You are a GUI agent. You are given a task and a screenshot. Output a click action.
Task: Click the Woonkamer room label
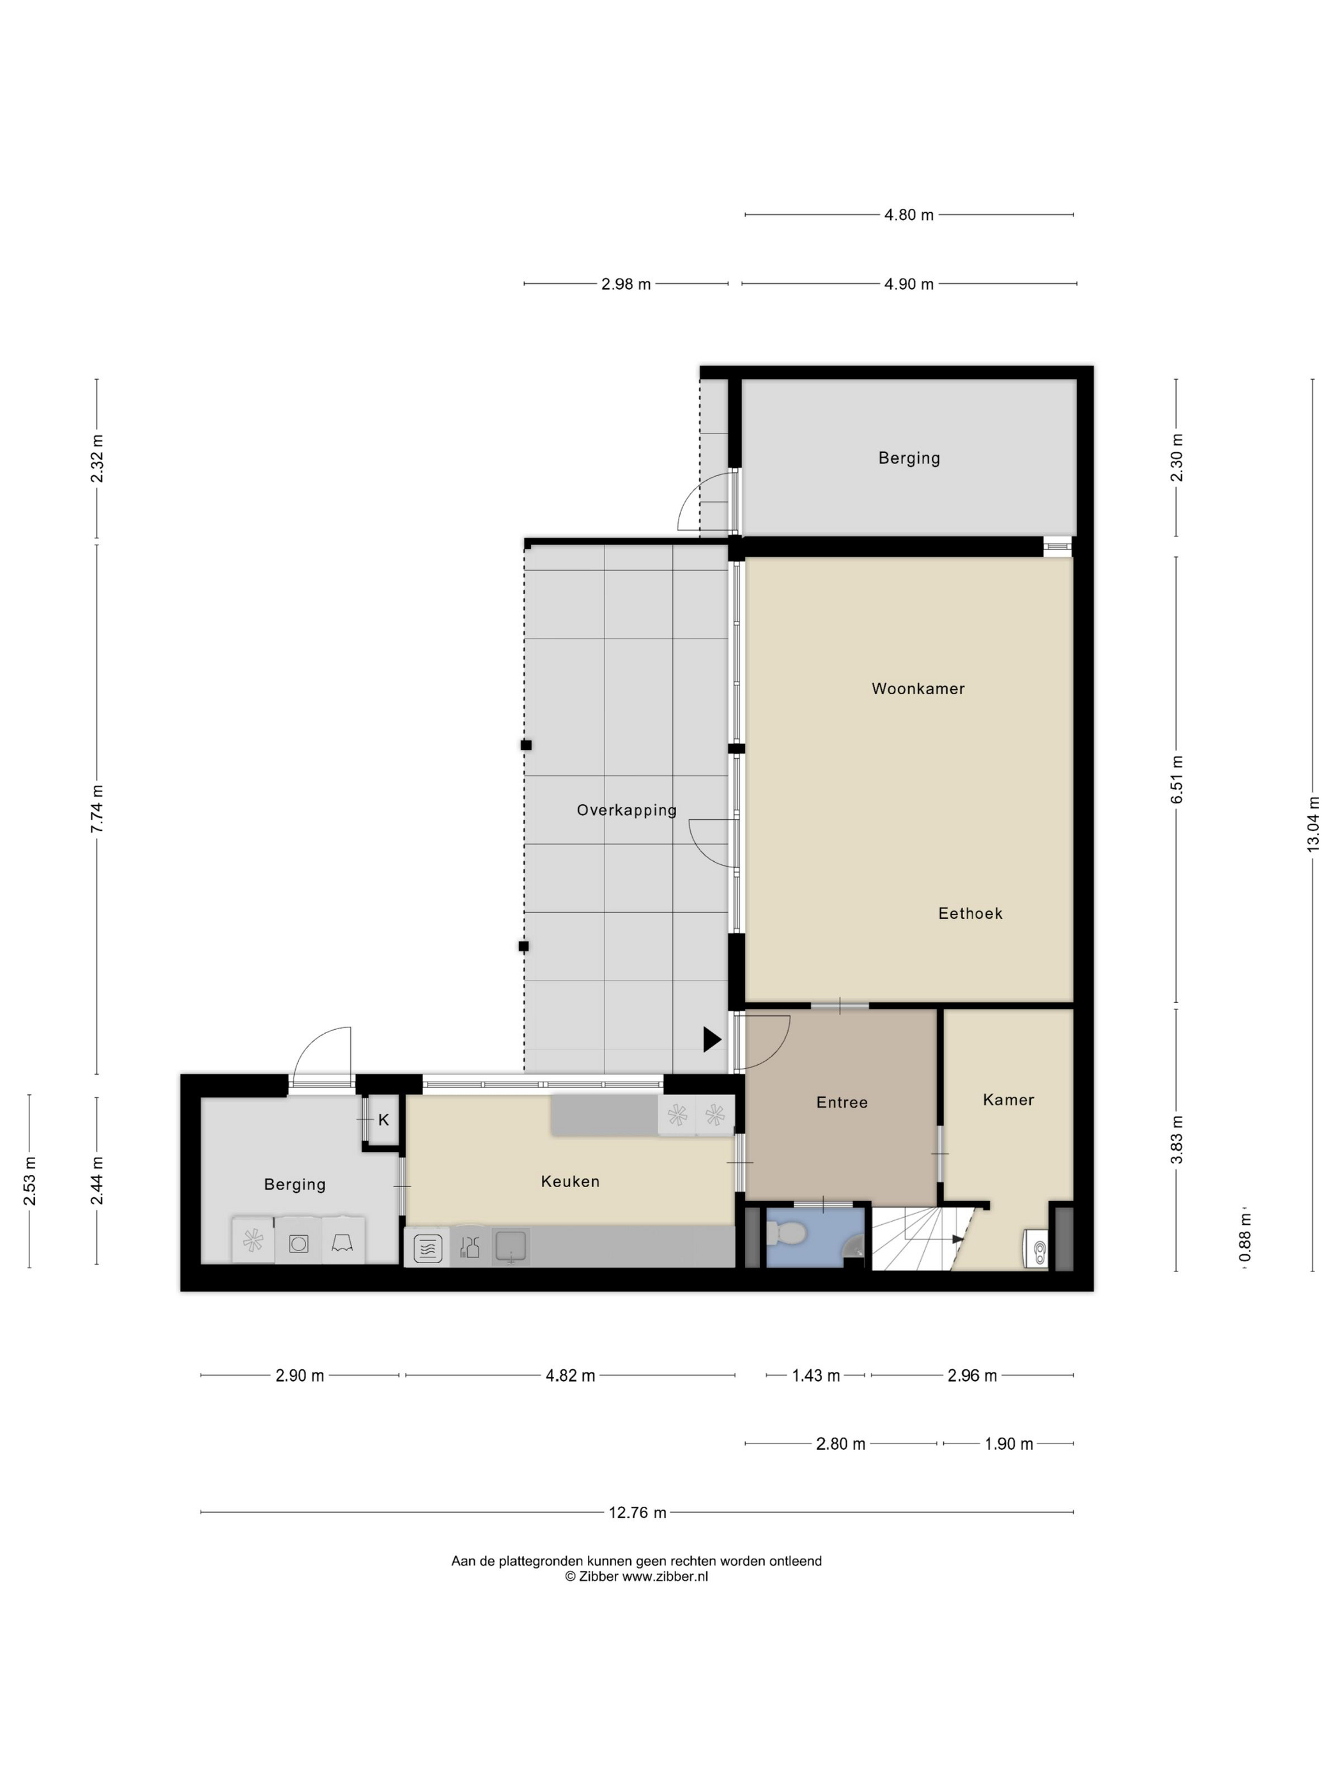917,689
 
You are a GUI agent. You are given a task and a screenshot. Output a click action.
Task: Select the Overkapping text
626,809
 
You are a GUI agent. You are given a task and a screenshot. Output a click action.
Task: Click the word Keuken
569,1181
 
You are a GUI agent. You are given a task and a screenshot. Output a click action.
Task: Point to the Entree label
841,1102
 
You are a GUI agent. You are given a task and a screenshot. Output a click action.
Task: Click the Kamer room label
1007,1100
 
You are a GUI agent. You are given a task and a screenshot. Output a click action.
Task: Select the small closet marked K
383,1120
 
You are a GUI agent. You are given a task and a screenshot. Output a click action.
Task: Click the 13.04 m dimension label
1312,824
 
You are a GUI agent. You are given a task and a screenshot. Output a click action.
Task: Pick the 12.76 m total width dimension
637,1513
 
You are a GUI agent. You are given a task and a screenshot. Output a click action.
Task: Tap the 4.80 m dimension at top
909,214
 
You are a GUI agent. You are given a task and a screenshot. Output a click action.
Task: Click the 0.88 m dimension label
1245,1236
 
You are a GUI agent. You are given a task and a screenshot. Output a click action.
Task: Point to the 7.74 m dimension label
97,809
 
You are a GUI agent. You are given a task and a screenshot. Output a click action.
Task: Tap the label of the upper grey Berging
909,458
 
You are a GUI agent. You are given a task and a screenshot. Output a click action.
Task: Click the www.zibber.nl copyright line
636,1576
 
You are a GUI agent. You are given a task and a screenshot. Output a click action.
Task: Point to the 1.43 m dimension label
815,1376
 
